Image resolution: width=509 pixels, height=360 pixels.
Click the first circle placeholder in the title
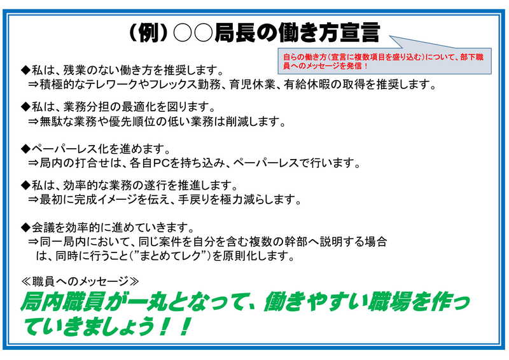click(x=183, y=33)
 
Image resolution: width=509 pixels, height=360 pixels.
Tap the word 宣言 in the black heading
click(x=359, y=32)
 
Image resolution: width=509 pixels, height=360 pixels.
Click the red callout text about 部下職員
click(x=384, y=61)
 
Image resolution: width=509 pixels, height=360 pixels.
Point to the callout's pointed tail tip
click(x=390, y=36)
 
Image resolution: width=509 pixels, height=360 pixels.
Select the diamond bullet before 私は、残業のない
click(x=25, y=70)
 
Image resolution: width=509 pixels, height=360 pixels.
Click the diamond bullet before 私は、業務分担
click(x=25, y=106)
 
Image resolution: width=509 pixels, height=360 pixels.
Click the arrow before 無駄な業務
click(x=33, y=121)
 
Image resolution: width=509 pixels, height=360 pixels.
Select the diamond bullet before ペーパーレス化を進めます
click(x=25, y=149)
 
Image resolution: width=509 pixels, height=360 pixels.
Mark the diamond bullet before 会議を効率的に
click(x=25, y=228)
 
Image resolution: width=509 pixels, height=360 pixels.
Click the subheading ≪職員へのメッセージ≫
click(x=80, y=281)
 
